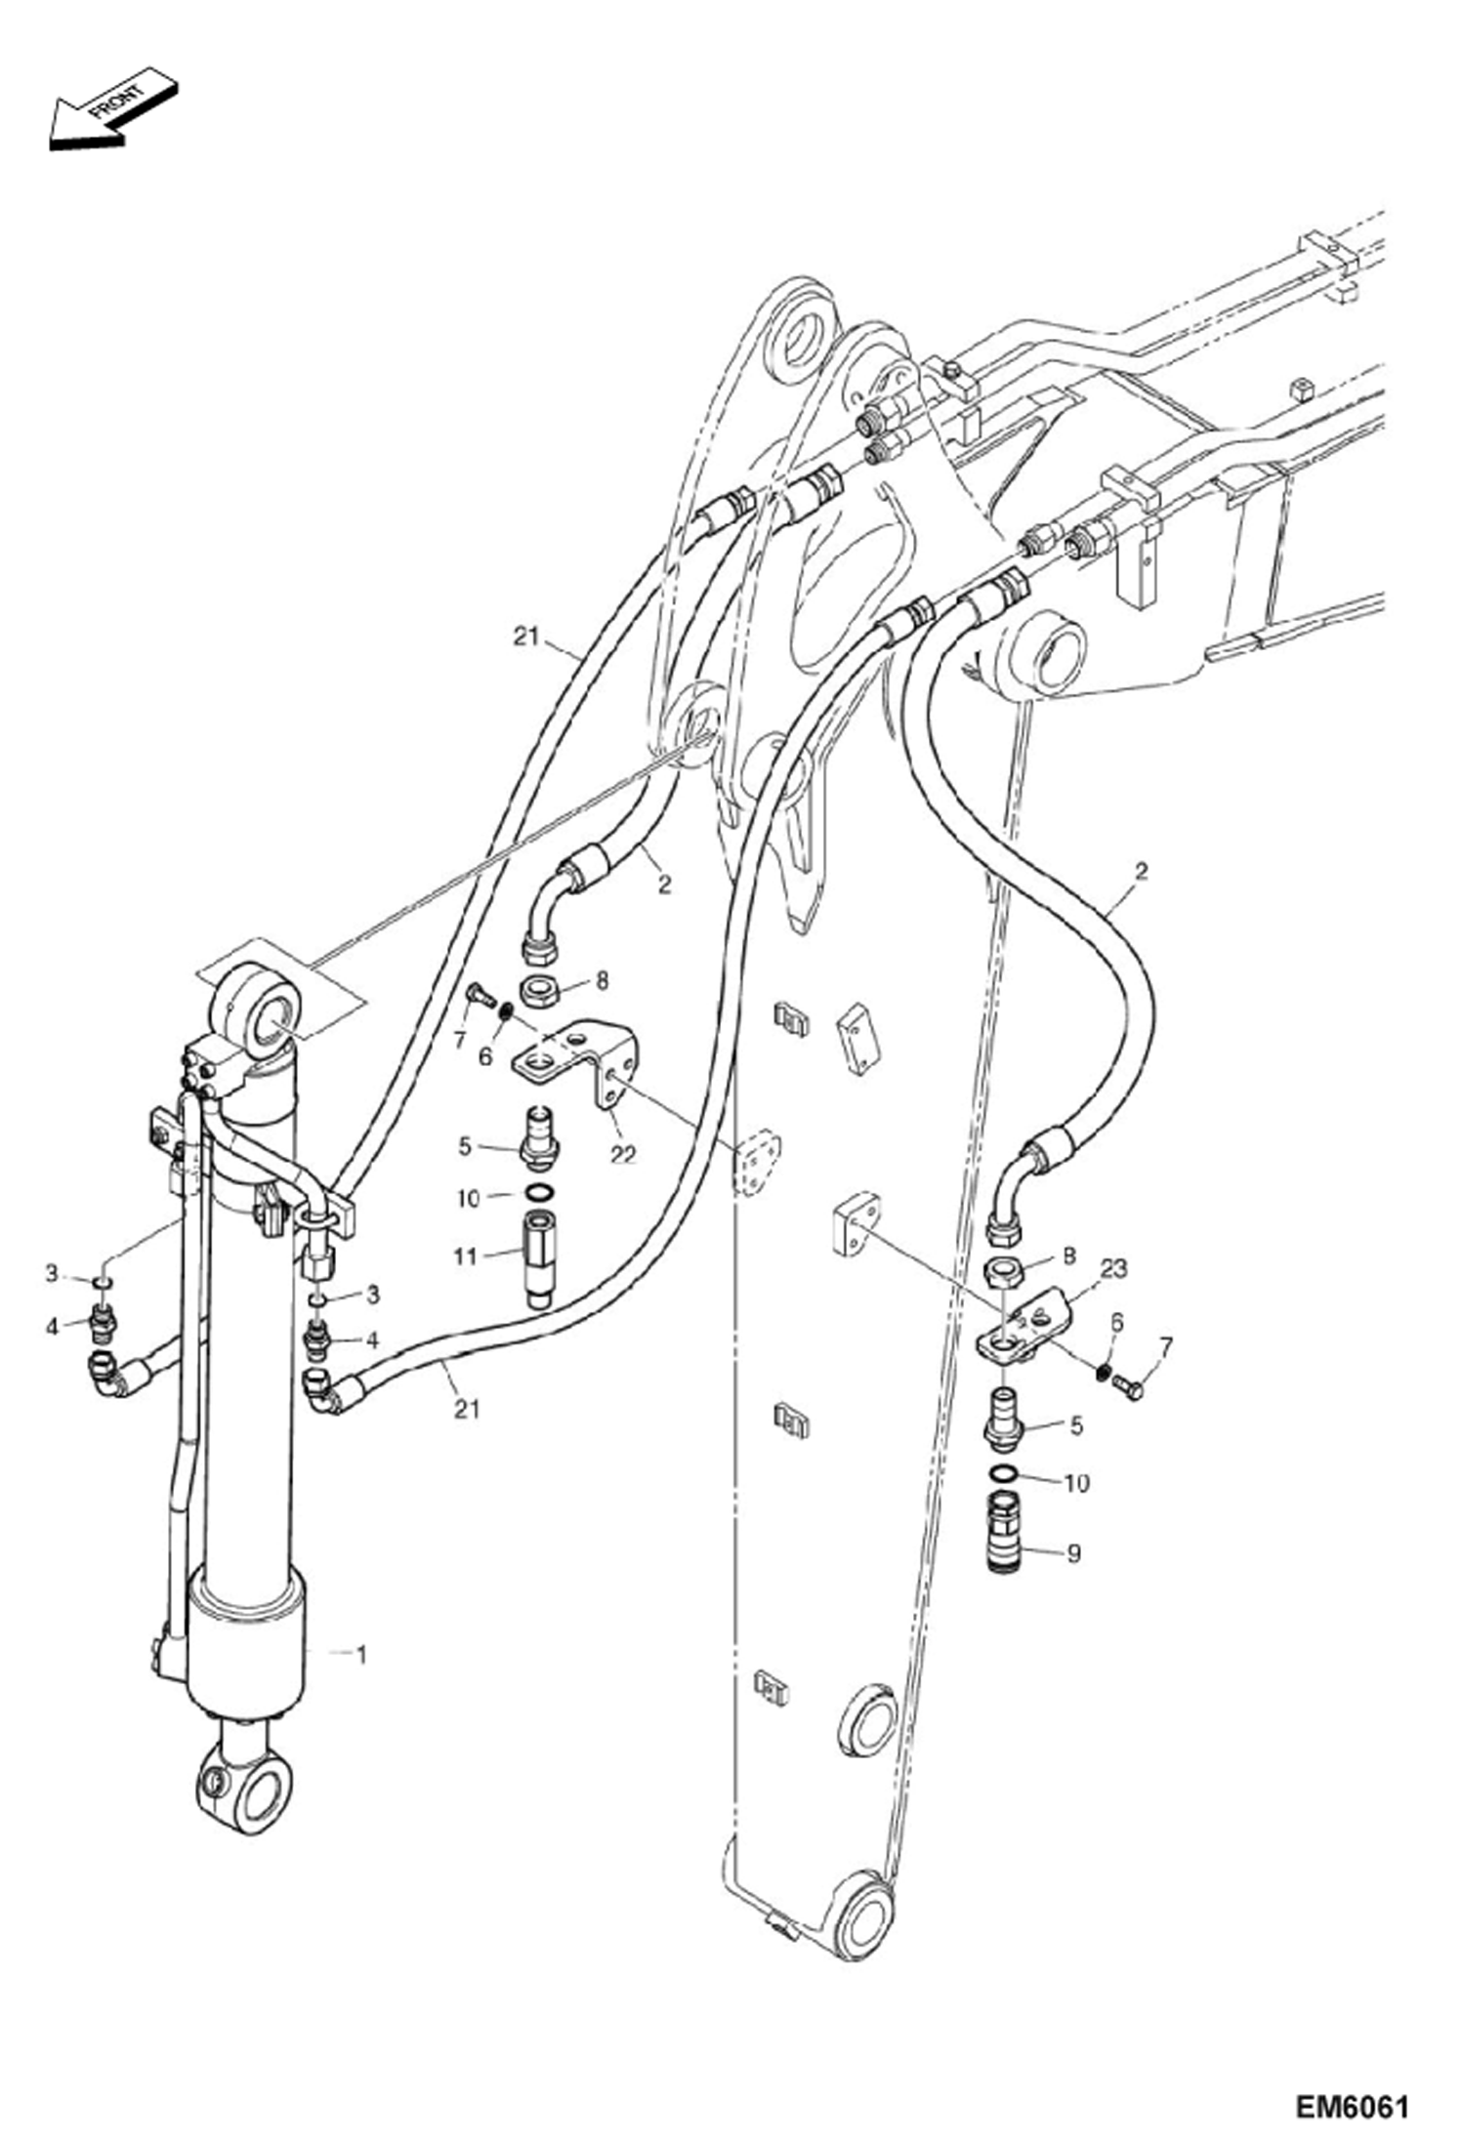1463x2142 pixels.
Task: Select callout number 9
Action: [x=1073, y=1552]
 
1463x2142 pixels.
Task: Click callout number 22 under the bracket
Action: [x=623, y=1154]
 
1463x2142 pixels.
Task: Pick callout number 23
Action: [x=1113, y=1268]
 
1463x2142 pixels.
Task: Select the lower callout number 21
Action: [x=467, y=1409]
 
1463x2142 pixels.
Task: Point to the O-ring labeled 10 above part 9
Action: [x=1005, y=1472]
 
